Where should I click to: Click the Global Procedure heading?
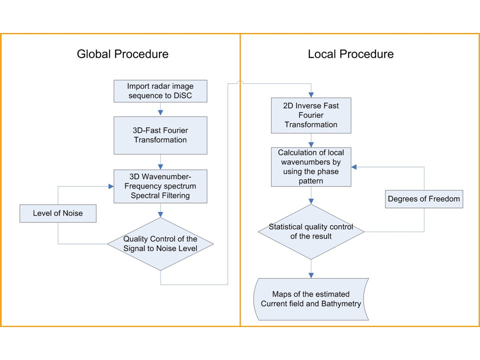coord(122,54)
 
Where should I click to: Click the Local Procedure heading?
coord(350,54)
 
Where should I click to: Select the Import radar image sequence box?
coord(160,90)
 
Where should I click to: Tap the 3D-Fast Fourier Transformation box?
coord(160,135)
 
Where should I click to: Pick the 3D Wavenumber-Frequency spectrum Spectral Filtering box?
coord(160,186)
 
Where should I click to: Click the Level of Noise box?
coord(58,213)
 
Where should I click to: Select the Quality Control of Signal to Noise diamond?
coord(160,244)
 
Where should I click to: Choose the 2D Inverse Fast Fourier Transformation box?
coord(311,115)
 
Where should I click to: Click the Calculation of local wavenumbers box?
coord(311,166)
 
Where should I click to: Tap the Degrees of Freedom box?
coord(424,199)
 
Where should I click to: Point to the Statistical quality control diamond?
coord(311,231)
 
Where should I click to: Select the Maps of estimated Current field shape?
coord(311,299)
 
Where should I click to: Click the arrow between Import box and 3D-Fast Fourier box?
coord(160,109)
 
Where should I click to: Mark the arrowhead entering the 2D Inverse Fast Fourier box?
coord(311,95)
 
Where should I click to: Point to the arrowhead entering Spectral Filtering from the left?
coord(110,186)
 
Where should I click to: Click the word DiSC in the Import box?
coord(183,95)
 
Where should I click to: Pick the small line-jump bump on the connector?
coord(240,83)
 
